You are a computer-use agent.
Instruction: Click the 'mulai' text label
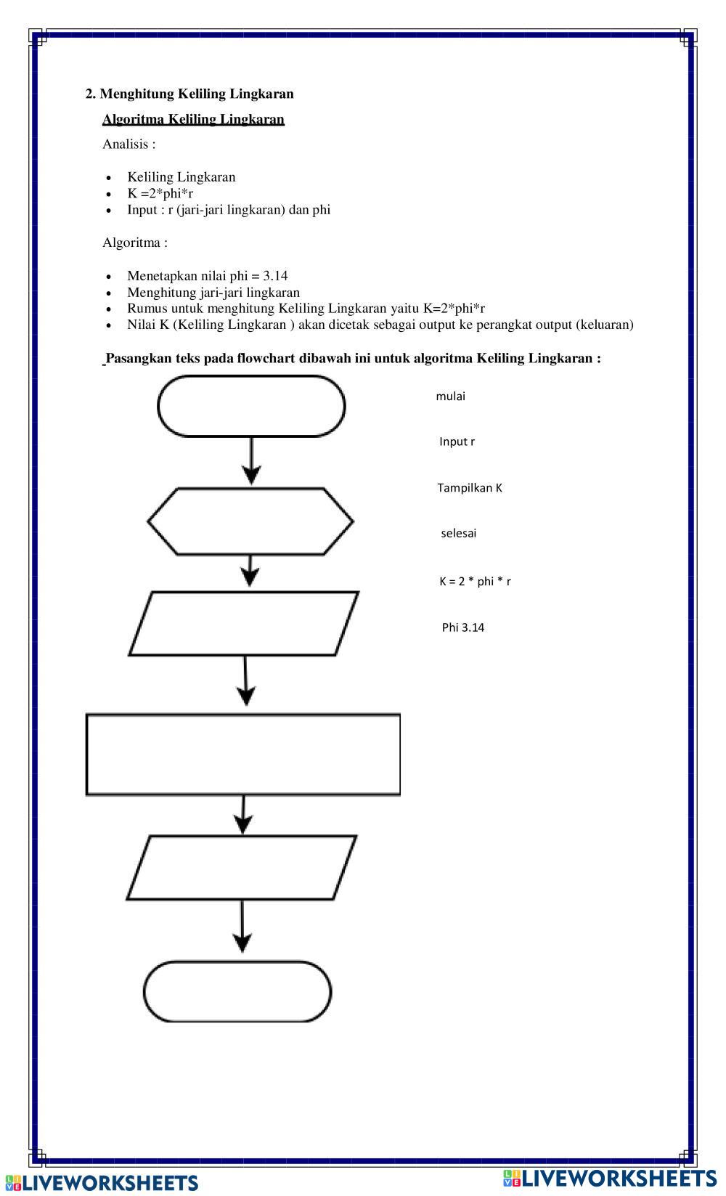pos(450,396)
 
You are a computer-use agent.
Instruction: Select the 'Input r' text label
pos(457,442)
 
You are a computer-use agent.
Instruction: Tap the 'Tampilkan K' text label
pos(470,488)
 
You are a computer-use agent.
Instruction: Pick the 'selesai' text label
pos(458,533)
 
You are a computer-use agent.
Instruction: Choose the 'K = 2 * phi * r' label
pos(475,581)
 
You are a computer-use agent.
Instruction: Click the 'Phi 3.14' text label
pos(463,627)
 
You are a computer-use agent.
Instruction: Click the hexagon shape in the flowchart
pos(250,521)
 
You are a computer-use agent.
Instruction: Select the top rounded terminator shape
pos(251,406)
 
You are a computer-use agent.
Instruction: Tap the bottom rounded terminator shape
pos(237,992)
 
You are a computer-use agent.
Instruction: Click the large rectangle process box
pos(243,754)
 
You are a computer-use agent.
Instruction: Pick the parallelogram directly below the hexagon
pos(244,623)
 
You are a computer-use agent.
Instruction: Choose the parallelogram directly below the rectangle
pos(242,868)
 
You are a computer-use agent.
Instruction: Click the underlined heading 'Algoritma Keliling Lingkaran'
pos(193,119)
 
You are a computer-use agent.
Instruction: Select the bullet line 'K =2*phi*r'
pos(160,193)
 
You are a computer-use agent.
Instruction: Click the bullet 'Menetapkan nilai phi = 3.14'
pos(207,276)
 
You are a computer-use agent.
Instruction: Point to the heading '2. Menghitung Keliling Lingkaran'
pos(189,94)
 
